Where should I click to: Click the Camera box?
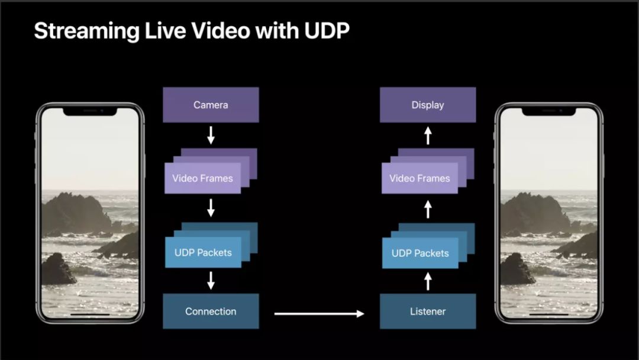click(211, 105)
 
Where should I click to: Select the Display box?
click(427, 105)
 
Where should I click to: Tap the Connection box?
click(211, 311)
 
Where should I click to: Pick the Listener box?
click(427, 311)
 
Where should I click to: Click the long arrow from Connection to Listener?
click(319, 314)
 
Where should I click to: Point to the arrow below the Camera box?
click(211, 135)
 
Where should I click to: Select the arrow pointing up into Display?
click(428, 136)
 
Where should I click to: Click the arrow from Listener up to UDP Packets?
click(428, 281)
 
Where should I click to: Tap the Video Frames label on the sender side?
click(202, 178)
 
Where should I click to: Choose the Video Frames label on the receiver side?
click(419, 178)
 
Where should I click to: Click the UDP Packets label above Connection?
click(203, 253)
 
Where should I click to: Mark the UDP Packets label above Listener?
click(420, 253)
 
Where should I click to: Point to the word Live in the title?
click(159, 31)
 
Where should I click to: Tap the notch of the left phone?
click(91, 111)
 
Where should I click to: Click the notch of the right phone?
click(548, 111)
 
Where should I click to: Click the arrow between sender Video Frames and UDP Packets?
click(211, 208)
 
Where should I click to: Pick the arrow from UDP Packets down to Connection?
click(211, 281)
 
